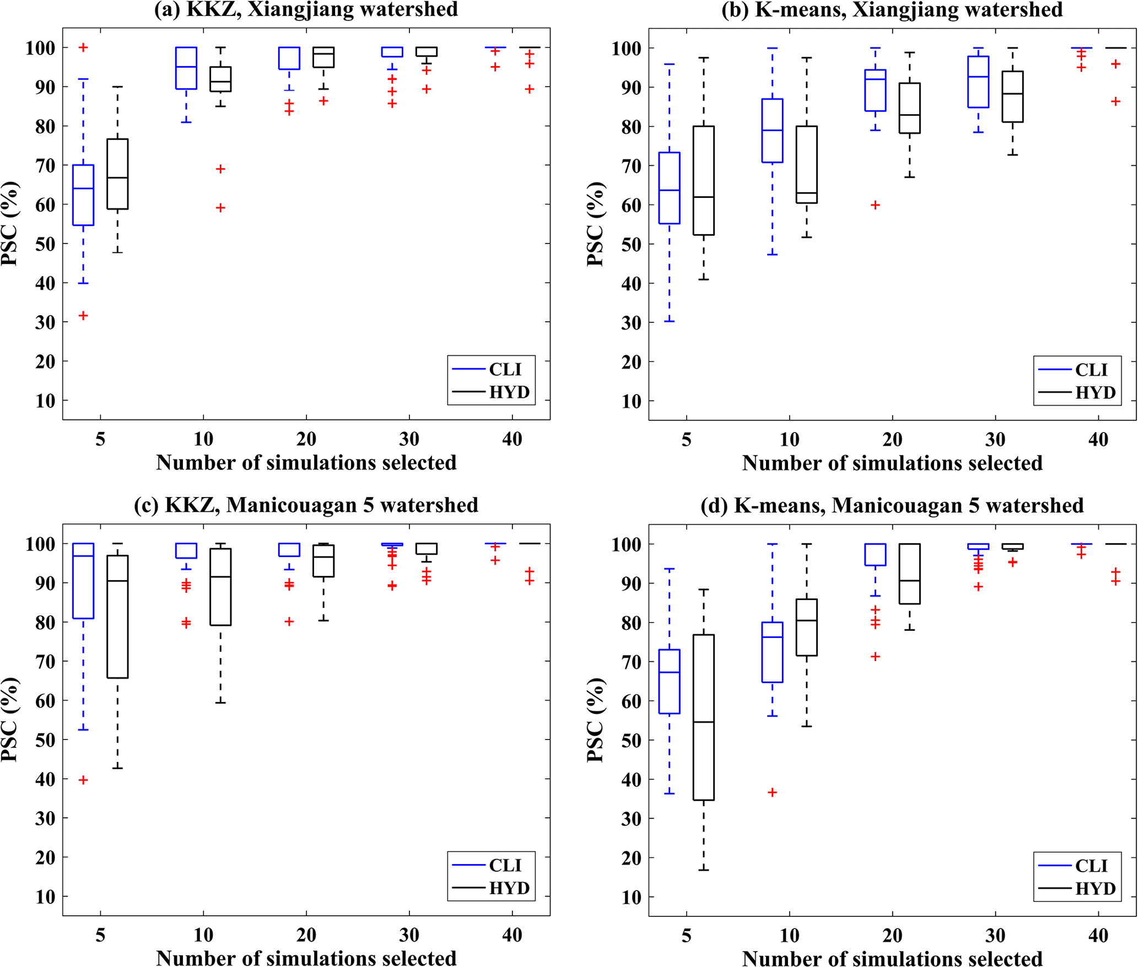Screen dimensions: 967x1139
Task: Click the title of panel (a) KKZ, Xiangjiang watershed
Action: pyautogui.click(x=306, y=9)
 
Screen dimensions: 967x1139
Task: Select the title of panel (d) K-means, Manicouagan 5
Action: pyautogui.click(x=892, y=505)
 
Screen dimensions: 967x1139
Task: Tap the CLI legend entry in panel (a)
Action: pyautogui.click(x=504, y=369)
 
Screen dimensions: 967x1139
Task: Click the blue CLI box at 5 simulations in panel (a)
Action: pyautogui.click(x=83, y=195)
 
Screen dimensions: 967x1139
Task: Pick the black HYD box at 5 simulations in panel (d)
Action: pyautogui.click(x=704, y=717)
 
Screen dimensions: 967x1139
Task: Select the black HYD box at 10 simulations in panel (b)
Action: pyautogui.click(x=807, y=165)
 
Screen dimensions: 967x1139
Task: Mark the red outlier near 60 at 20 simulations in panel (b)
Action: pyautogui.click(x=875, y=205)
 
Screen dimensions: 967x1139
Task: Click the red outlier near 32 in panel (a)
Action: pyautogui.click(x=83, y=316)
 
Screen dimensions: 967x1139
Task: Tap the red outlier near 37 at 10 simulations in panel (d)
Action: pyautogui.click(x=773, y=792)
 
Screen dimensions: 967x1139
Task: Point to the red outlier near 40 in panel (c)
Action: pyautogui.click(x=83, y=780)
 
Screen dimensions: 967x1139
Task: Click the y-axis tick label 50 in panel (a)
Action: pyautogui.click(x=46, y=244)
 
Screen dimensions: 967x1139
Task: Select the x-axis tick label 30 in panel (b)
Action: pyautogui.click(x=995, y=440)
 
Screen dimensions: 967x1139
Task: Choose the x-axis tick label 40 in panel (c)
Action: pyautogui.click(x=512, y=935)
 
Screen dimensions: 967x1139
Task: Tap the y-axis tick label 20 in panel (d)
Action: pyautogui.click(x=631, y=858)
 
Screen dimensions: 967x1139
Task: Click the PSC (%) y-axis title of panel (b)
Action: pyautogui.click(x=595, y=224)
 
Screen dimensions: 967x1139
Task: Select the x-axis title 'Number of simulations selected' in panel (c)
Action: pyautogui.click(x=306, y=958)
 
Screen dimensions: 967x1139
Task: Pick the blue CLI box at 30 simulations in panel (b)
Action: pyautogui.click(x=978, y=82)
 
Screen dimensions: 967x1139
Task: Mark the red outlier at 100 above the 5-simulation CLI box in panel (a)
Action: pyautogui.click(x=83, y=48)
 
